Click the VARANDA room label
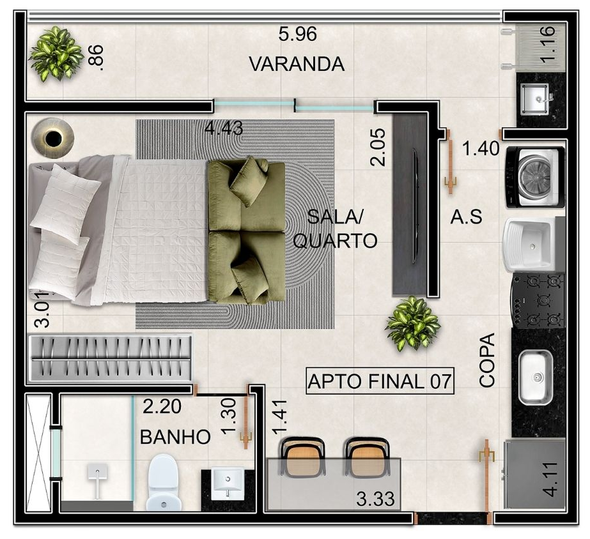(297, 64)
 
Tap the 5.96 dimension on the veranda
(297, 34)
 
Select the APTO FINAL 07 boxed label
(380, 381)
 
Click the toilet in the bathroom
(162, 482)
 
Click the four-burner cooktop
(538, 300)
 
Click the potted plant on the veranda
(56, 53)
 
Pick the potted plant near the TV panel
(413, 323)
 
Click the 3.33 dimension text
(375, 499)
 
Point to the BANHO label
(175, 437)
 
